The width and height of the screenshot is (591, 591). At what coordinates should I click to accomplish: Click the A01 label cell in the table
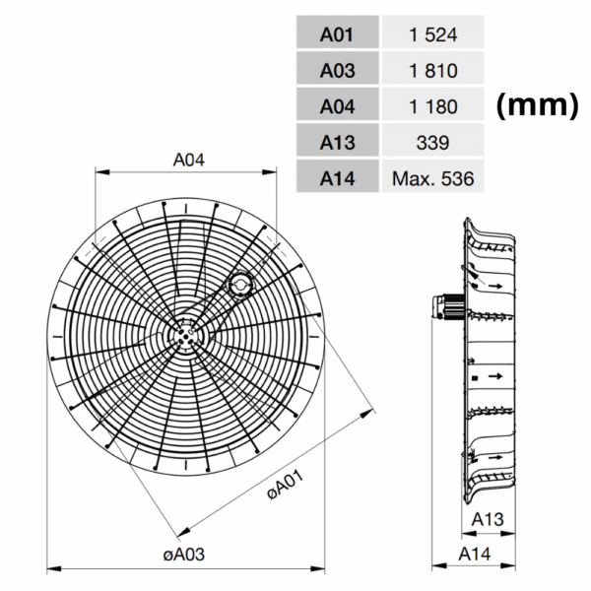pos(336,33)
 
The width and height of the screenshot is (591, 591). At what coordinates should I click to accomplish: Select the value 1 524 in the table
pos(432,33)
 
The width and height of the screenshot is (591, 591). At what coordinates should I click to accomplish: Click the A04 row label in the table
pos(336,105)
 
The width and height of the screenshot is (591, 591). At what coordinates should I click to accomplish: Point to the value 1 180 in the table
pos(432,105)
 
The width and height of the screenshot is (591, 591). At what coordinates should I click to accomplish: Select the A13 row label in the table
pos(336,142)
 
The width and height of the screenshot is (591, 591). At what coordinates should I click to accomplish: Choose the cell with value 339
pos(432,142)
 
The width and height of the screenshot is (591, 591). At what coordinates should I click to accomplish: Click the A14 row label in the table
pos(336,178)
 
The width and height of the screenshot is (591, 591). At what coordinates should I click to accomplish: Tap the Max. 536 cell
pos(432,178)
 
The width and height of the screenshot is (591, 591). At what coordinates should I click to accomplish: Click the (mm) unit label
pos(536,106)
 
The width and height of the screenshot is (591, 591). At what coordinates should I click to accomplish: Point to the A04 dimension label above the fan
pos(188,159)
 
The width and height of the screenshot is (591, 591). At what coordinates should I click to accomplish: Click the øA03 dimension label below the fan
pos(183,555)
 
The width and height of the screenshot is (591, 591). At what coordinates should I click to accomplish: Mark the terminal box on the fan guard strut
pos(238,285)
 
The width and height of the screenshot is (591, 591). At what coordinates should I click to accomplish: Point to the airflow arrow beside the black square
pos(496,376)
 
